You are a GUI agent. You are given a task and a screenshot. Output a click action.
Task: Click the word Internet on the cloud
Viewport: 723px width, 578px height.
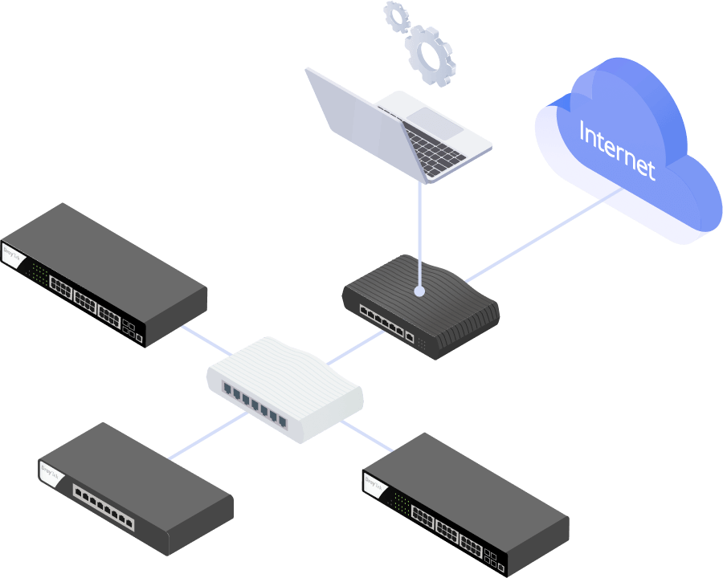(617, 150)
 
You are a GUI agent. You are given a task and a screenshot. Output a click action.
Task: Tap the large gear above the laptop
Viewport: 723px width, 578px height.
(429, 54)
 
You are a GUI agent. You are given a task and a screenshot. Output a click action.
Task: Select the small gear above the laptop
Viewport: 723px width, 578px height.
(396, 16)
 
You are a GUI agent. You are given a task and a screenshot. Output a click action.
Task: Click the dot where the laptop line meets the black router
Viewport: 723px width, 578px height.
(418, 291)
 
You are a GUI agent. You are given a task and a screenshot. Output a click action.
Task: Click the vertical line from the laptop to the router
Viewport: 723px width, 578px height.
(418, 233)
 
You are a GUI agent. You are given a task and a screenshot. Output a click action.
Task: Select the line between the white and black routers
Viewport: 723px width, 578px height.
(353, 347)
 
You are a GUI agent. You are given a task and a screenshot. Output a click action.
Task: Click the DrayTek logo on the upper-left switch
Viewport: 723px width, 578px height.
(11, 256)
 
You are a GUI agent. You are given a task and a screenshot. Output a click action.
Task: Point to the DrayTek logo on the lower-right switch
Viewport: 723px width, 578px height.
(373, 484)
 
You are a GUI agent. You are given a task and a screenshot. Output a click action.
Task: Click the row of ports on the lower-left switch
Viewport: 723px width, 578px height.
(104, 507)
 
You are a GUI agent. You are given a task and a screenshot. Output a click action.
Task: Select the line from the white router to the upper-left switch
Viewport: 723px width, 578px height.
(205, 339)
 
